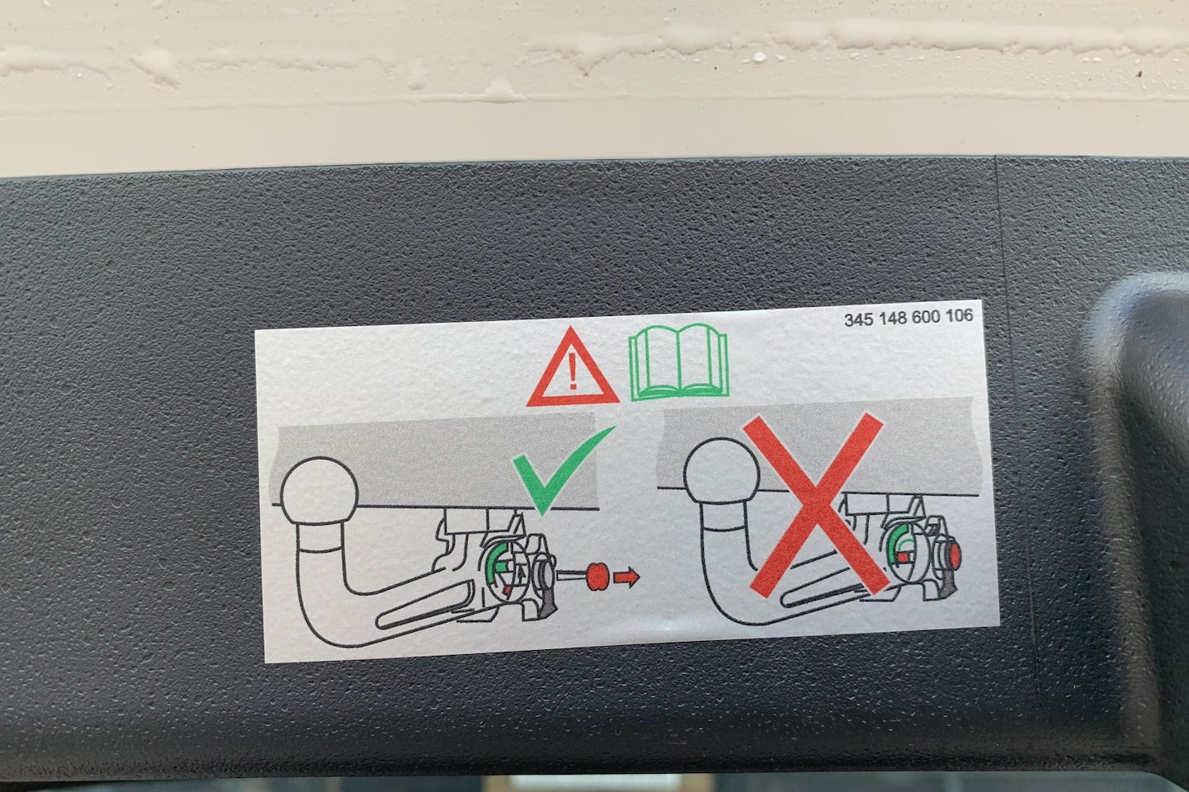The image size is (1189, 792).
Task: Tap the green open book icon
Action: pos(678,361)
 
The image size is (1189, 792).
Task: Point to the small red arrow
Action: pos(626,577)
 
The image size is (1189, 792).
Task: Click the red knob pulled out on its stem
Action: pos(597,577)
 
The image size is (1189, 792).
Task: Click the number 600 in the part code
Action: pos(927,318)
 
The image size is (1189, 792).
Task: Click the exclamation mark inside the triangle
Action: pos(572,371)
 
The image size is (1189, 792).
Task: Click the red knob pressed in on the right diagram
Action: pos(954,554)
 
